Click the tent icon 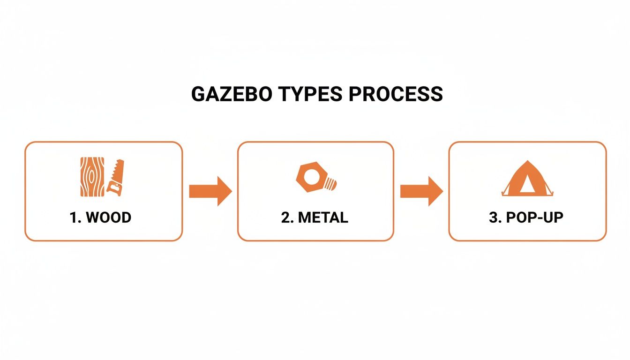[x=526, y=178]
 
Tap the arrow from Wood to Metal [x=210, y=191]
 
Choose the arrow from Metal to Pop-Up [x=421, y=191]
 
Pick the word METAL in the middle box [x=323, y=217]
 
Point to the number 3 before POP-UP [x=493, y=217]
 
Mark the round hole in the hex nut [x=310, y=177]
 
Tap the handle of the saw [x=113, y=187]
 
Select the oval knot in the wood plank [x=90, y=177]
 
